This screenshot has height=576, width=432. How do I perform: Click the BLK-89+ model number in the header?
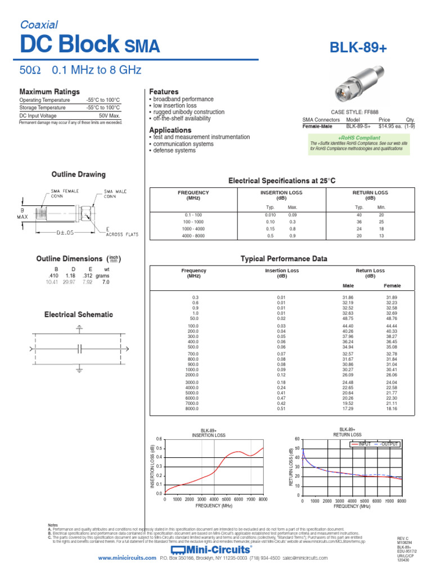click(359, 49)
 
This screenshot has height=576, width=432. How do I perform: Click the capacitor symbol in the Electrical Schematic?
click(79, 349)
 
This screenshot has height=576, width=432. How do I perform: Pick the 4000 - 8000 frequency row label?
click(193, 235)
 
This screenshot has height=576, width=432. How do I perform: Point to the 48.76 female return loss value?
click(391, 318)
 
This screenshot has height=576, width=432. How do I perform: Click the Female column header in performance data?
click(391, 285)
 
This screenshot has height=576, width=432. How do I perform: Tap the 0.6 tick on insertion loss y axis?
click(159, 439)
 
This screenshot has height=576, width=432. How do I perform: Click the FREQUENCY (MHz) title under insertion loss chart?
click(214, 506)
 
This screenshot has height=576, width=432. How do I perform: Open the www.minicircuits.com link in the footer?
click(127, 558)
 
